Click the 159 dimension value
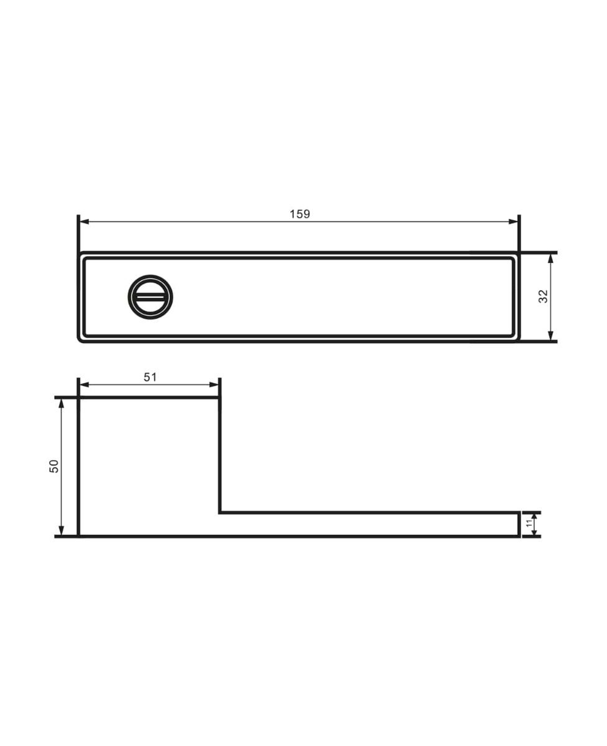(x=300, y=214)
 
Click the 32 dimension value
(x=542, y=297)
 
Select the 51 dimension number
(x=151, y=377)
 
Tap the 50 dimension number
(x=54, y=466)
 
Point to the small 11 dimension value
(x=529, y=523)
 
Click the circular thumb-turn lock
(x=151, y=297)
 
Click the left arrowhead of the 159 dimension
(x=85, y=222)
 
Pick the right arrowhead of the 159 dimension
(x=513, y=222)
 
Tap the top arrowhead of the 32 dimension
(x=550, y=259)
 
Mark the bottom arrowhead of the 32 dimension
(x=550, y=335)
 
